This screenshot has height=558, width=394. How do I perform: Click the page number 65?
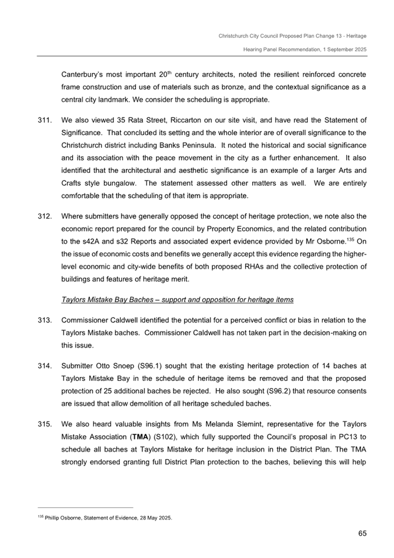(x=361, y=533)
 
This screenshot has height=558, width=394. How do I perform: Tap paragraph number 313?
(x=43, y=320)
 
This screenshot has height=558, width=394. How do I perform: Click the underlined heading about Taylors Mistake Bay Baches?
(x=177, y=300)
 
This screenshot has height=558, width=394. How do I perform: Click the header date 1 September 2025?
(x=339, y=50)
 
